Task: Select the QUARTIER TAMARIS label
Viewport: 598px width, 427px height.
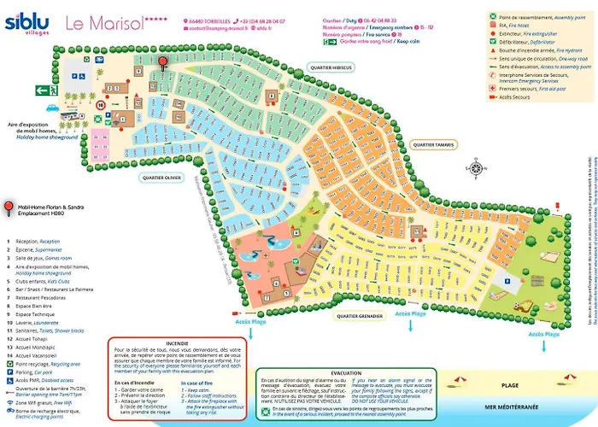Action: click(x=434, y=144)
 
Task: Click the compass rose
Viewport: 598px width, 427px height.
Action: click(x=474, y=167)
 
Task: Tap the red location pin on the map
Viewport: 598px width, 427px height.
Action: click(x=163, y=63)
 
